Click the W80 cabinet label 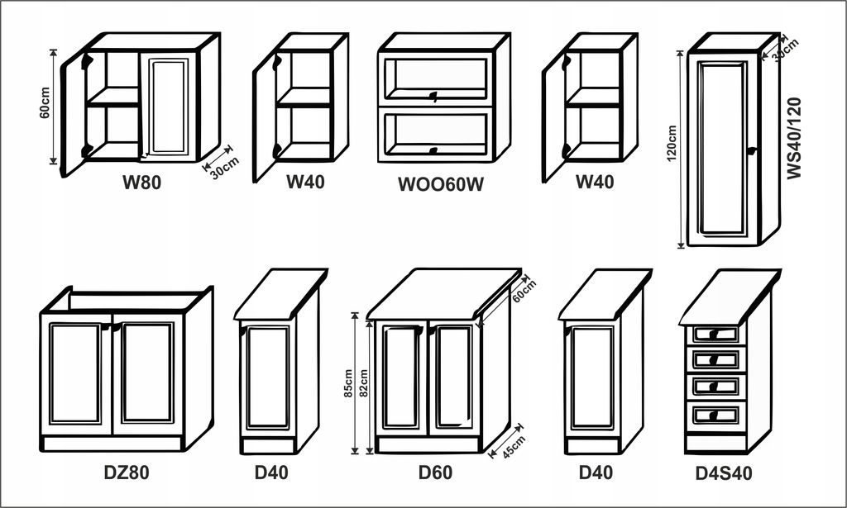tap(141, 183)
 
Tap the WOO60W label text tap(441, 184)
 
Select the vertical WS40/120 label tap(794, 138)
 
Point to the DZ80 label tap(127, 472)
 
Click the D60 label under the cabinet tap(435, 472)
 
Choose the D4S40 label tap(723, 473)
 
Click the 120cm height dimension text tap(672, 144)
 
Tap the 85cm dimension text tap(348, 383)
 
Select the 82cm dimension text tap(364, 383)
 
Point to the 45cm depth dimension tap(513, 447)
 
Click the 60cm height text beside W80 tap(45, 102)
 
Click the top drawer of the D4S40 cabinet tap(715, 335)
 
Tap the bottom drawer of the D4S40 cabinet tap(715, 415)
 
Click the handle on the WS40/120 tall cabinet tap(751, 151)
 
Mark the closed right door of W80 tap(170, 107)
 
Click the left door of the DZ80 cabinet tap(76, 373)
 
